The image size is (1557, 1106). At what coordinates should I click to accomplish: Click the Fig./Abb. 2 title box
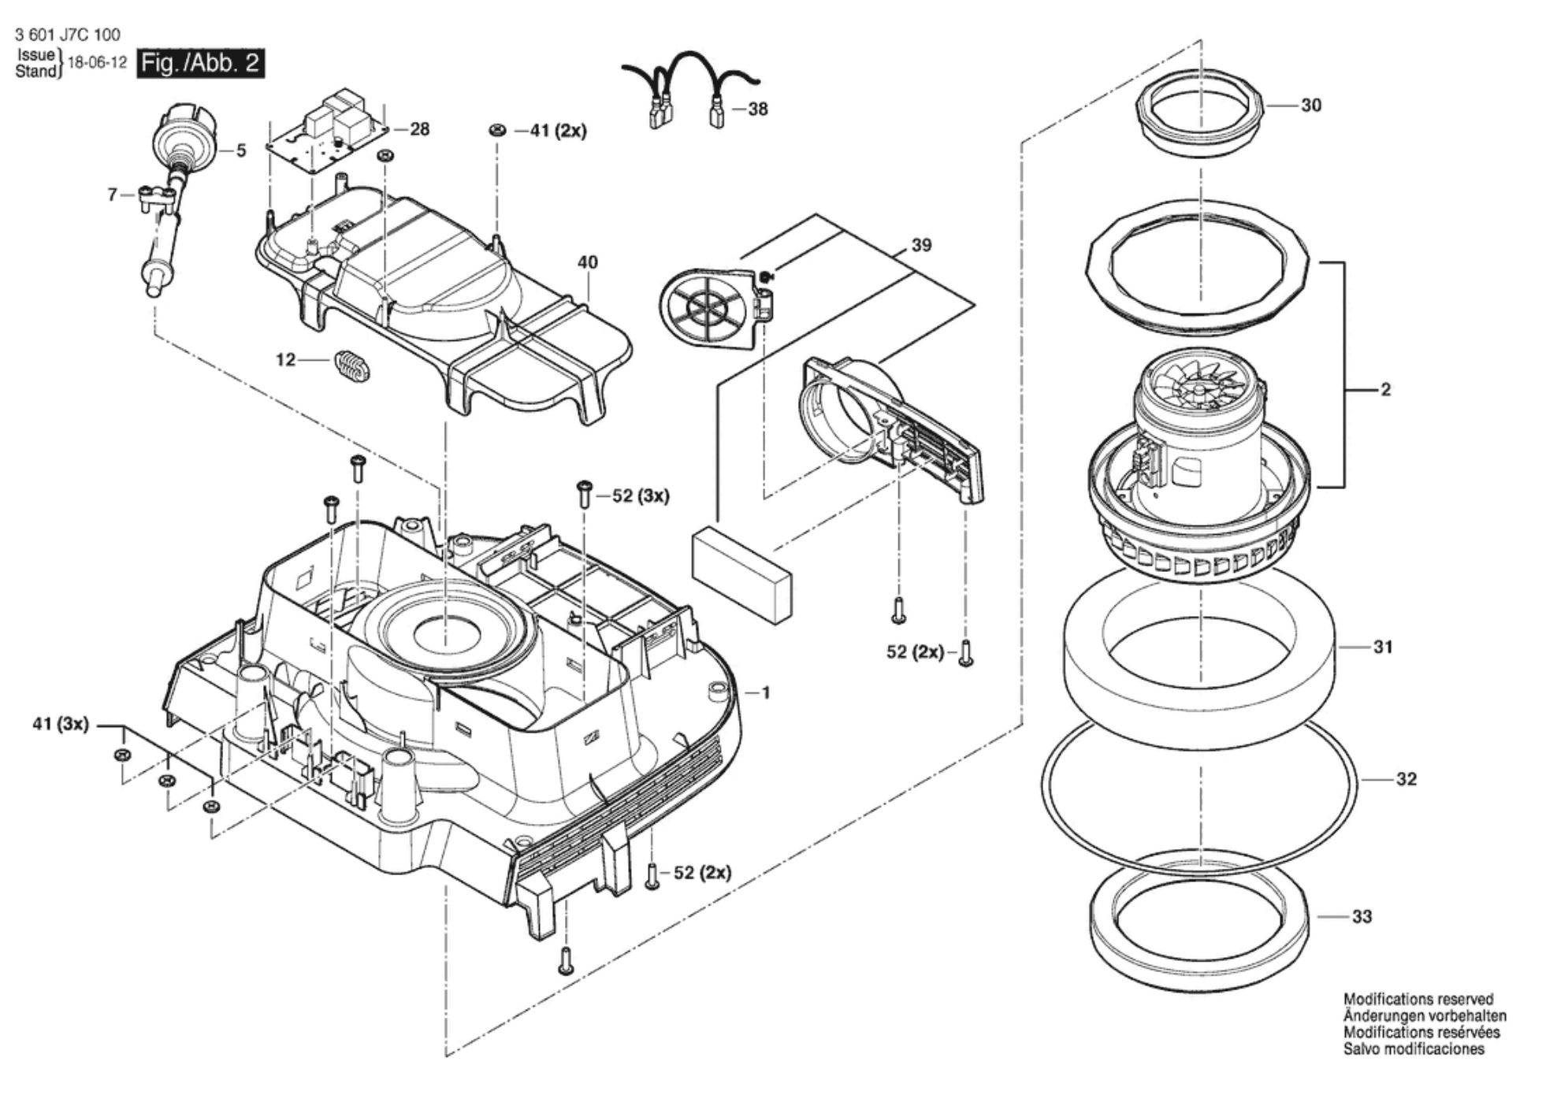coord(200,63)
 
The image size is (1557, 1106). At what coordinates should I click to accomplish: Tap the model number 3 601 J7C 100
coord(68,35)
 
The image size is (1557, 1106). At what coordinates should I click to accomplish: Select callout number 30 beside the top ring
coord(1311,105)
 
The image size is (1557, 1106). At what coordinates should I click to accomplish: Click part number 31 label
coord(1383,647)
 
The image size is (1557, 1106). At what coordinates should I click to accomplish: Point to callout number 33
coord(1362,916)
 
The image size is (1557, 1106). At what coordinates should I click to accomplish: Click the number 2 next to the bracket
coord(1385,389)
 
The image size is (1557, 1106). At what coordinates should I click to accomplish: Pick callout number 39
coord(921,245)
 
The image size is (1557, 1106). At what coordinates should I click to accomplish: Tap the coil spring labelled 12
coord(351,366)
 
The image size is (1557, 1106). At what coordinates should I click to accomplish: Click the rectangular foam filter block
coord(741,574)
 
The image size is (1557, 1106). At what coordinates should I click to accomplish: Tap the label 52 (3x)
coord(641,496)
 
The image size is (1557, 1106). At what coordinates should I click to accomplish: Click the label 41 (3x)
coord(61,724)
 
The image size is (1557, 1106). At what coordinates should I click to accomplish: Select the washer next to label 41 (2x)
coord(497,130)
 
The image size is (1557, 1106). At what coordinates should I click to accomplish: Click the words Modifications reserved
coord(1418,1000)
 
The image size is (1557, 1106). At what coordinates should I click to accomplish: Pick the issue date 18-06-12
coord(98,63)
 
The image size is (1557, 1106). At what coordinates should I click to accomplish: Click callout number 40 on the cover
coord(588,262)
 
